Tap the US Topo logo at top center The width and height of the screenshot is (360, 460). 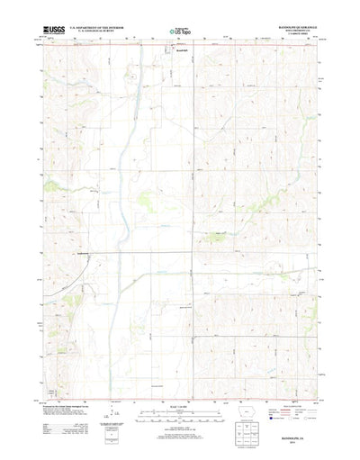pyautogui.click(x=178, y=32)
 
